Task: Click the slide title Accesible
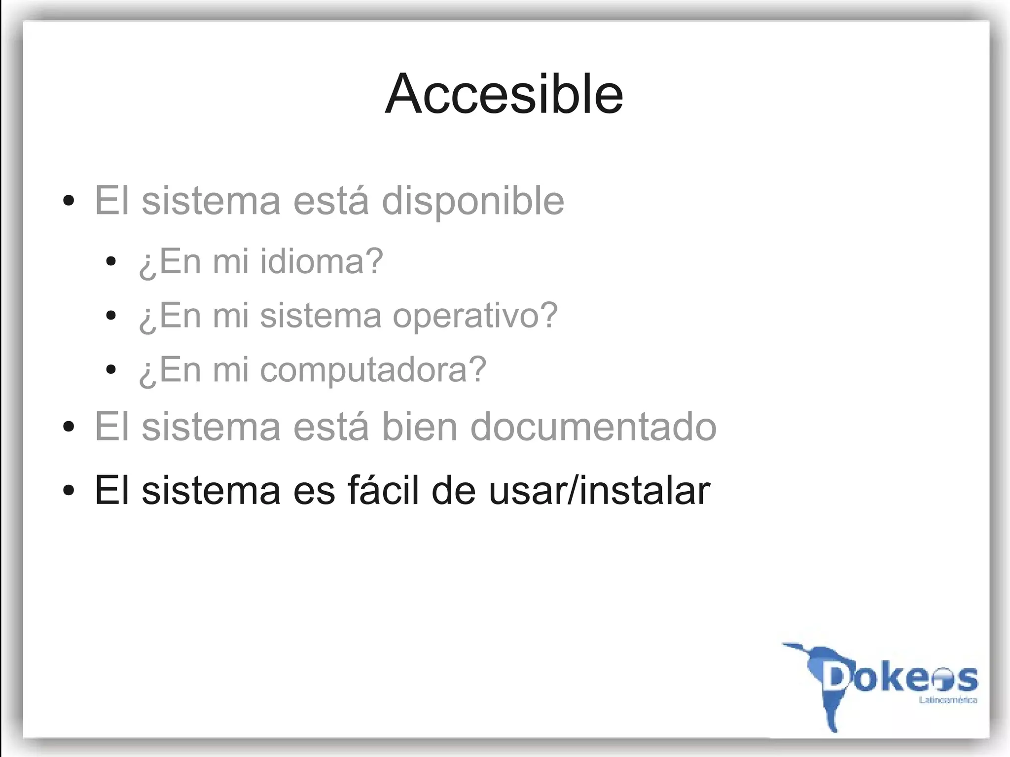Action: [x=504, y=94]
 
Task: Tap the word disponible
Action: [x=473, y=201]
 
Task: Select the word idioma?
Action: [x=322, y=261]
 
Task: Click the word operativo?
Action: [x=475, y=316]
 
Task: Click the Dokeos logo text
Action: [x=901, y=678]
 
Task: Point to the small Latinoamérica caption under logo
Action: [x=948, y=700]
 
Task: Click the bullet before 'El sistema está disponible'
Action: [x=69, y=201]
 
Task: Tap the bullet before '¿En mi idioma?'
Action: [x=111, y=261]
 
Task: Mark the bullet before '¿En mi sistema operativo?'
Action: [x=111, y=316]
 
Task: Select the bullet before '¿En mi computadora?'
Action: [x=111, y=370]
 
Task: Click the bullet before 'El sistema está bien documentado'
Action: [x=69, y=427]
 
